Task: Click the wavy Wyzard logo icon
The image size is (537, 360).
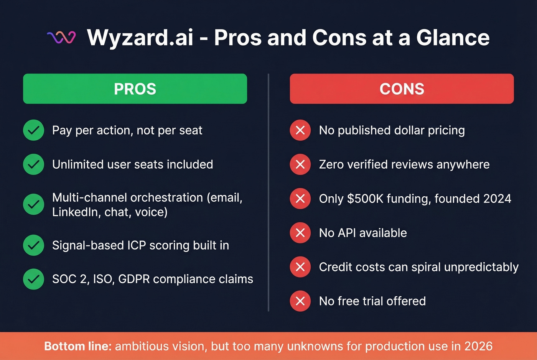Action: (61, 37)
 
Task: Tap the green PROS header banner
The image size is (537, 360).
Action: (135, 89)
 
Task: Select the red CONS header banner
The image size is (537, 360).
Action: (402, 89)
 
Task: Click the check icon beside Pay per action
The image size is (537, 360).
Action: (34, 130)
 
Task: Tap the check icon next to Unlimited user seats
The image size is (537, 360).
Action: (34, 164)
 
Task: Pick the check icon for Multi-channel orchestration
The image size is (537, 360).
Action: (34, 204)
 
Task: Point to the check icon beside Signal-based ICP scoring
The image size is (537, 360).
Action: (34, 245)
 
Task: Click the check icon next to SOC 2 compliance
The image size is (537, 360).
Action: (34, 279)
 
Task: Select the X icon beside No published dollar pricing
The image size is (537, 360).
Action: (300, 130)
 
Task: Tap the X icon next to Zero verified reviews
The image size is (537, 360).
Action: (300, 164)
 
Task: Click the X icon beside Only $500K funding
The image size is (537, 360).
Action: (300, 198)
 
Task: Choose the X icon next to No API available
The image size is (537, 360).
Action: (300, 232)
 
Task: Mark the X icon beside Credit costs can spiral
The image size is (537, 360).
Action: (300, 266)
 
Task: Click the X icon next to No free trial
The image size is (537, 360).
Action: (300, 301)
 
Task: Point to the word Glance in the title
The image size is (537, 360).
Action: (453, 38)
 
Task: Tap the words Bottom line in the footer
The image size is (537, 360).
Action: (78, 346)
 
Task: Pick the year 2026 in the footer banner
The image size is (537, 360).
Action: (478, 346)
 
